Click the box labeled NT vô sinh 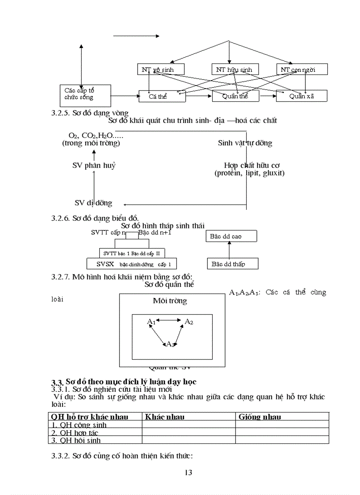click(x=160, y=69)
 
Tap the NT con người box click(x=302, y=69)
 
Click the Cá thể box click(x=157, y=96)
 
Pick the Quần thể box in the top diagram click(x=235, y=96)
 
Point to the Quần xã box click(x=301, y=96)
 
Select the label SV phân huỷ click(x=94, y=165)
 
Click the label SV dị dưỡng click(x=93, y=203)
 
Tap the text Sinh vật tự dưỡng click(x=245, y=143)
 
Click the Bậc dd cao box click(x=232, y=236)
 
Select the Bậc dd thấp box click(x=232, y=264)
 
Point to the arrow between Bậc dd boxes click(x=229, y=250)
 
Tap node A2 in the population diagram click(x=188, y=322)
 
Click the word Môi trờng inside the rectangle click(x=170, y=301)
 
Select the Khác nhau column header click(x=165, y=417)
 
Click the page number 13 click(x=188, y=473)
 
